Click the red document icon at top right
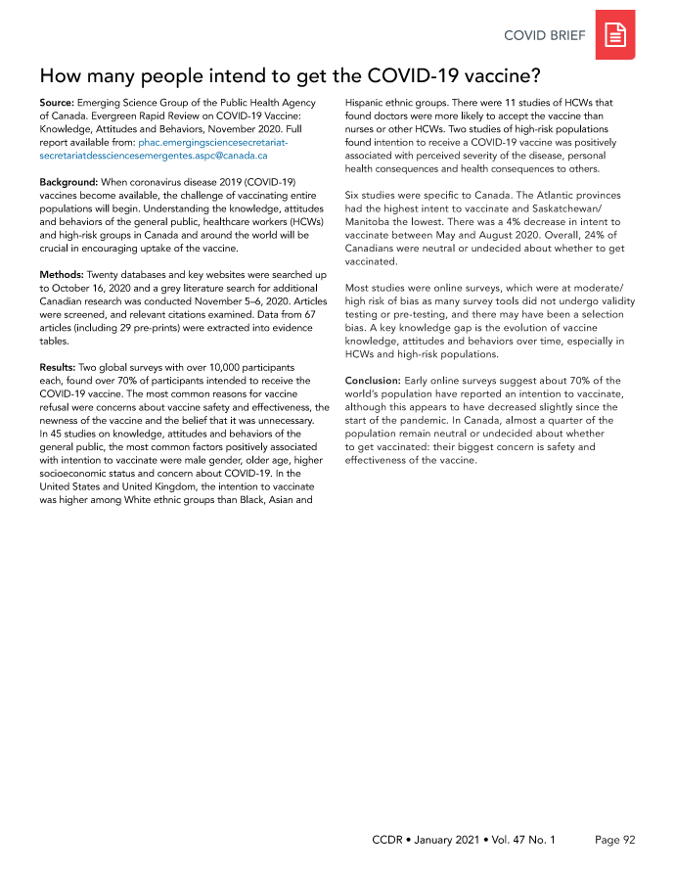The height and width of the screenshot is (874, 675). tap(615, 36)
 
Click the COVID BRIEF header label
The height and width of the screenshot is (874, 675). tap(545, 36)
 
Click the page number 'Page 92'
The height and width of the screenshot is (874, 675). tap(615, 840)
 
